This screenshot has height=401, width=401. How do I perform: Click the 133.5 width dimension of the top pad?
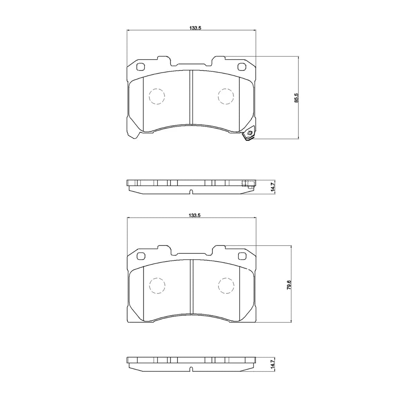click(195, 28)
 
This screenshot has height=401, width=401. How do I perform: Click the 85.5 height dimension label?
click(296, 98)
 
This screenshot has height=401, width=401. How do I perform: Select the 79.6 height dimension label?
click(289, 285)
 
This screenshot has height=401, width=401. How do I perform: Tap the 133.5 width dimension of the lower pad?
click(195, 215)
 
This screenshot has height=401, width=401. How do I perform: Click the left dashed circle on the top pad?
click(157, 96)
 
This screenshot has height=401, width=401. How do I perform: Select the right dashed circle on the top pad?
click(226, 96)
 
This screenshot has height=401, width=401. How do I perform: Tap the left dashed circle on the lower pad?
click(157, 285)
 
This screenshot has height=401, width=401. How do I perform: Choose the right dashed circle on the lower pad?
click(226, 285)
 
